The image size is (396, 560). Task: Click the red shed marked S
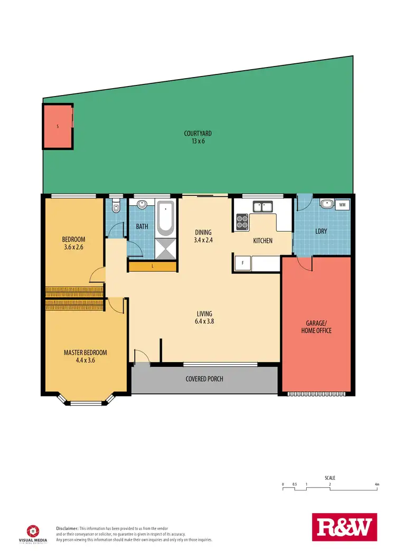pyautogui.click(x=58, y=126)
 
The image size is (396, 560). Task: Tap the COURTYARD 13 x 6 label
pyautogui.click(x=198, y=137)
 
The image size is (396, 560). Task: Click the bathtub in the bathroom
pyautogui.click(x=165, y=219)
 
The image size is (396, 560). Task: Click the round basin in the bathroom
pyautogui.click(x=142, y=205)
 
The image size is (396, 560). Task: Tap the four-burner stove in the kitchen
pyautogui.click(x=242, y=221)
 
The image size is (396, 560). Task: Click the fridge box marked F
pyautogui.click(x=242, y=262)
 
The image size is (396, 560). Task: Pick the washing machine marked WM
pyautogui.click(x=342, y=204)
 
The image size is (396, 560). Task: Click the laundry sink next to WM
pyautogui.click(x=326, y=204)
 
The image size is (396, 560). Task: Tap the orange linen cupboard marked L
pyautogui.click(x=152, y=267)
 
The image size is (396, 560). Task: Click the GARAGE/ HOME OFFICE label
pyautogui.click(x=316, y=327)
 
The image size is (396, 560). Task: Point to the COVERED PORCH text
pyautogui.click(x=204, y=379)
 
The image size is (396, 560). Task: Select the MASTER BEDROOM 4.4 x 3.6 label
pyautogui.click(x=86, y=356)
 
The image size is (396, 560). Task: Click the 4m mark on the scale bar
pyautogui.click(x=376, y=484)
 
